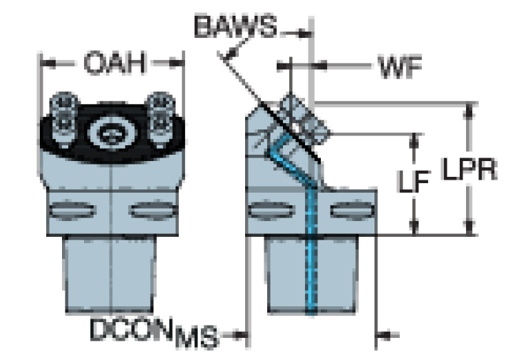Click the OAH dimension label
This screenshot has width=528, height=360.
click(x=115, y=63)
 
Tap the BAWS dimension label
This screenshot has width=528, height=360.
click(x=235, y=26)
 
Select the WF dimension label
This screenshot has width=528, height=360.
click(x=401, y=67)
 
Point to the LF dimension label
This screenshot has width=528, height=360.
click(x=414, y=182)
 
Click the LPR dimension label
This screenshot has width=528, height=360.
click(x=469, y=169)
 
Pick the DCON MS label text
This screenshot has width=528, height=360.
click(x=154, y=332)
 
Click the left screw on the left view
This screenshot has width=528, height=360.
click(x=64, y=120)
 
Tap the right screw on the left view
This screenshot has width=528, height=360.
click(x=160, y=120)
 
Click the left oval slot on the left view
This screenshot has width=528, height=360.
click(x=73, y=210)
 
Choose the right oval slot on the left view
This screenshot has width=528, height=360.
click(x=154, y=210)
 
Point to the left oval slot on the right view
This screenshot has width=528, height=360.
click(x=271, y=210)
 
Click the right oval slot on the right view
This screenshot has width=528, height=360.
click(x=352, y=210)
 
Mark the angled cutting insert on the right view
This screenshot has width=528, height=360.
click(x=304, y=120)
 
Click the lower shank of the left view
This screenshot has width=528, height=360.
click(x=109, y=274)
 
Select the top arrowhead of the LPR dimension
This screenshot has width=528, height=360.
click(x=469, y=110)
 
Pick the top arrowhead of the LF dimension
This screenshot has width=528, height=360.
click(x=414, y=141)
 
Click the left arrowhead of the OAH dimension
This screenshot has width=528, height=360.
click(x=48, y=63)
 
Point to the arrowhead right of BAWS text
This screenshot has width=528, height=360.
click(x=305, y=34)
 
